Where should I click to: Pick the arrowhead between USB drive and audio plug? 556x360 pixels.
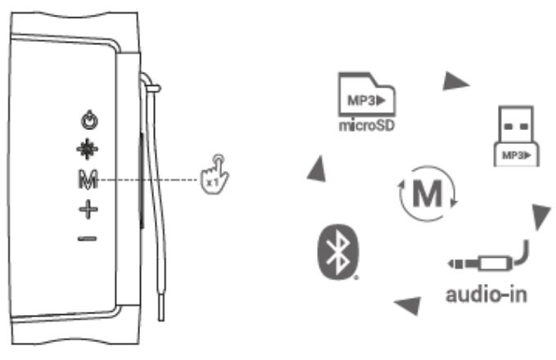click(540, 217)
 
